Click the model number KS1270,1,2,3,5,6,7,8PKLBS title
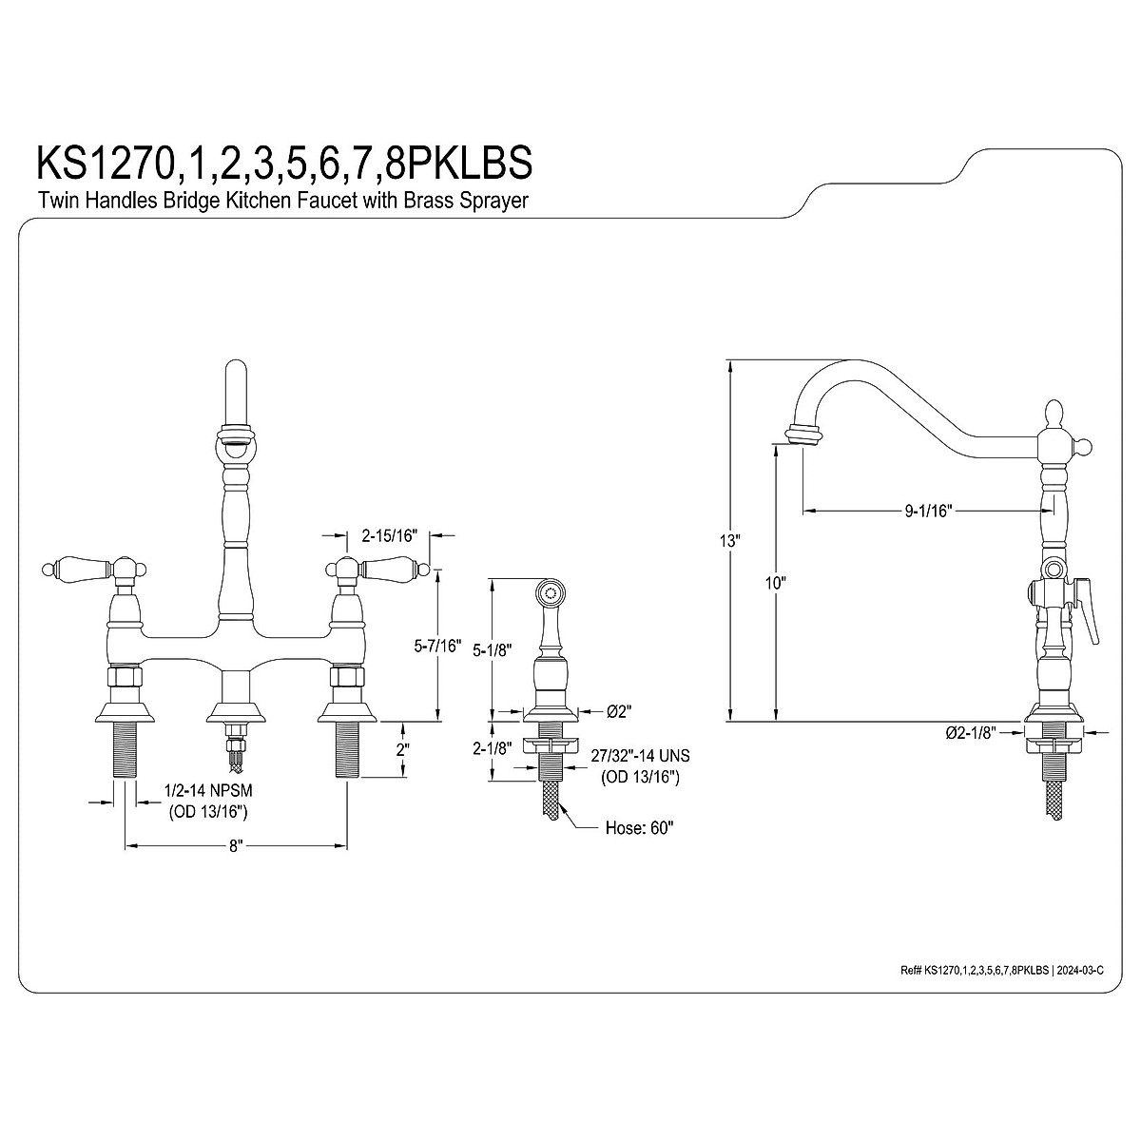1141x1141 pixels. [x=283, y=163]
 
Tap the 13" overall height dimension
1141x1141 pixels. [x=729, y=540]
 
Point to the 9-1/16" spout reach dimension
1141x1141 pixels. [x=928, y=512]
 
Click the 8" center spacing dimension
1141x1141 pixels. [x=236, y=844]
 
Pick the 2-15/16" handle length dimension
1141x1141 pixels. [x=391, y=536]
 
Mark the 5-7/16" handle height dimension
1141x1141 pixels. [x=437, y=648]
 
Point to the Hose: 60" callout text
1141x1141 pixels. [x=639, y=827]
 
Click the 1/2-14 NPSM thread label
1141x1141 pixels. [x=208, y=791]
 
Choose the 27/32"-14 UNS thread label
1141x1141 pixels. [x=639, y=757]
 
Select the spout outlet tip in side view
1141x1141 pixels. [x=802, y=436]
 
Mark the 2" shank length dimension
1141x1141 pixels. [x=402, y=748]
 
